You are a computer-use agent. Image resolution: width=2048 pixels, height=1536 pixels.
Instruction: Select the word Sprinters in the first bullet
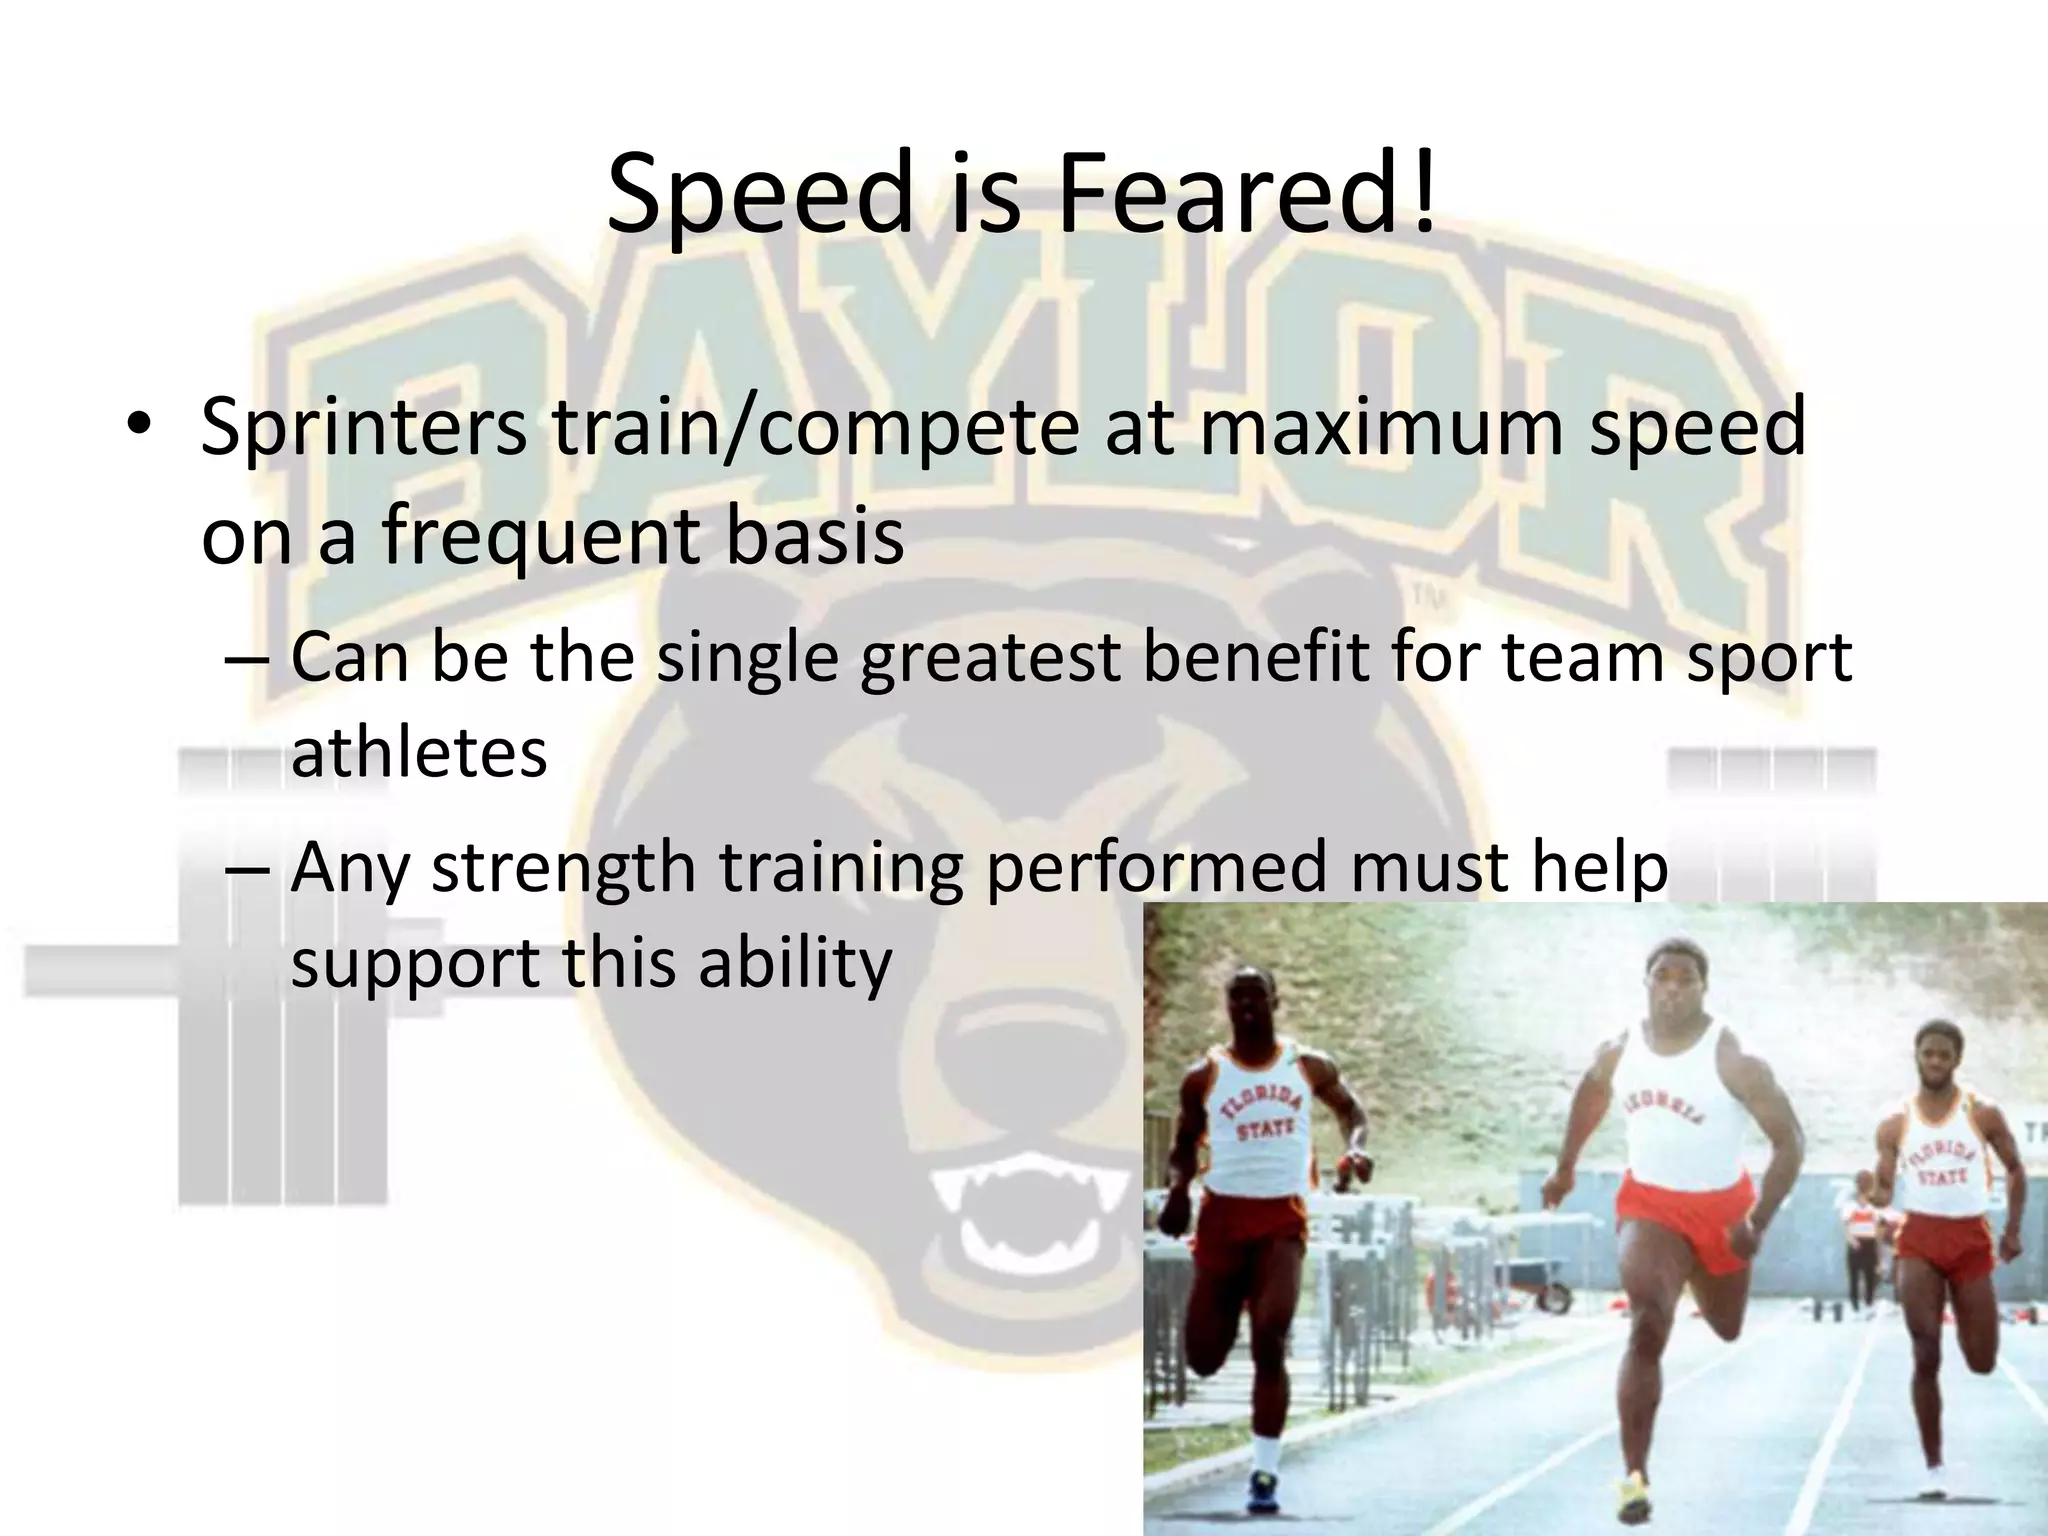[x=363, y=428]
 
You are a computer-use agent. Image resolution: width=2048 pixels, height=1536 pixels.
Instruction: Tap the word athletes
[x=418, y=752]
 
